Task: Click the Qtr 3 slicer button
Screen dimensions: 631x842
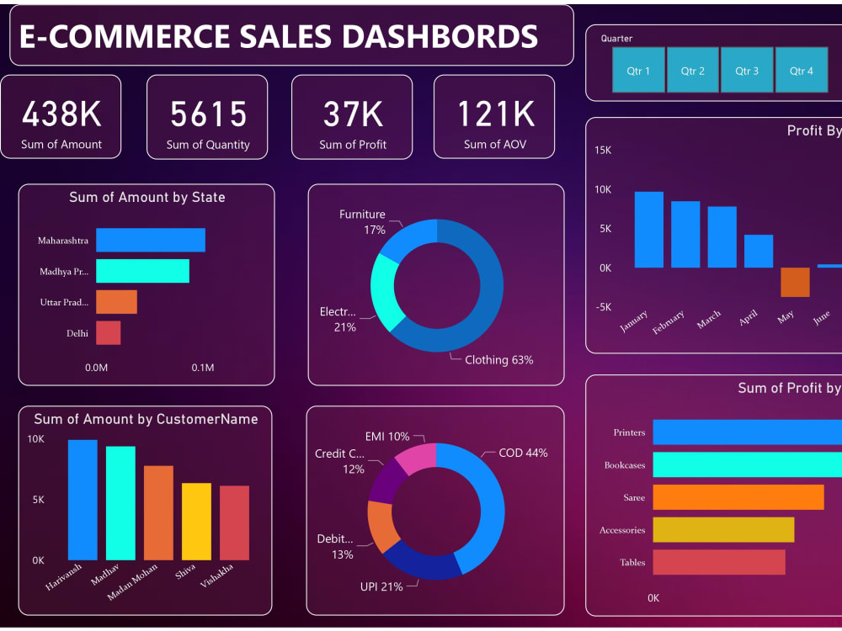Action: click(x=746, y=70)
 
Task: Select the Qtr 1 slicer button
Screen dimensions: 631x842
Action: click(x=638, y=70)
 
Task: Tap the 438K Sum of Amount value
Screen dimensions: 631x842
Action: click(x=61, y=114)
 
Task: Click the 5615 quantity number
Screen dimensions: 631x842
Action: click(x=208, y=114)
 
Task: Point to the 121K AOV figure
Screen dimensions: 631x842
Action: click(x=495, y=114)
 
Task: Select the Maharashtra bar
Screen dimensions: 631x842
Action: click(x=151, y=240)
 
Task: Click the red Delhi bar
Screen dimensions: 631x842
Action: click(x=108, y=333)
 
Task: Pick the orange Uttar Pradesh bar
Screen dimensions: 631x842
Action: click(x=116, y=302)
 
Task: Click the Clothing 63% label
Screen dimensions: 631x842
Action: click(x=498, y=360)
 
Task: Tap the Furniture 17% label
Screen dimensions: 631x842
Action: click(x=362, y=222)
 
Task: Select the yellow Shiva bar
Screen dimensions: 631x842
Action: click(x=196, y=522)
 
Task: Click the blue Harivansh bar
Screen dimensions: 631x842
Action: click(x=83, y=500)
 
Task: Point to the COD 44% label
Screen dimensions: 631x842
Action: click(x=523, y=453)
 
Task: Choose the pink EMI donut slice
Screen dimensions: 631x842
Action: click(x=416, y=458)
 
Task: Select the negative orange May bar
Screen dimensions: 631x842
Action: click(x=795, y=282)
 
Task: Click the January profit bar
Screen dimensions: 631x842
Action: click(x=648, y=230)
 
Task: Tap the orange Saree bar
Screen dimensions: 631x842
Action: click(x=738, y=497)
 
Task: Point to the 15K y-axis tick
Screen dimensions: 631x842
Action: click(x=603, y=150)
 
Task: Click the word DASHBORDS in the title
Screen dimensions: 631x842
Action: click(x=436, y=36)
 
